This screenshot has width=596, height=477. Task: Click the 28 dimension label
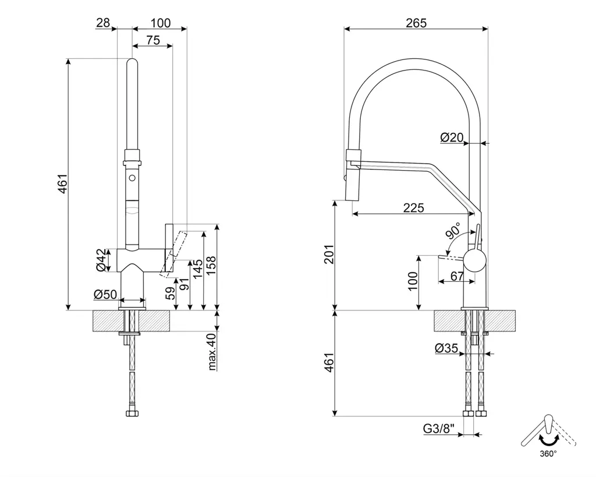(x=103, y=23)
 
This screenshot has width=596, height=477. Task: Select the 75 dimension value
(x=152, y=40)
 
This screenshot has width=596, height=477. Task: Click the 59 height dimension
(x=171, y=293)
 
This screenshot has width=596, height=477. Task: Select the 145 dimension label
(x=198, y=268)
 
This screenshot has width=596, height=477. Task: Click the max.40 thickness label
(x=212, y=352)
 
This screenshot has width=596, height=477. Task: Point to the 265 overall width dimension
(x=416, y=23)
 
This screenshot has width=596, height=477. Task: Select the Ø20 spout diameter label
(x=452, y=137)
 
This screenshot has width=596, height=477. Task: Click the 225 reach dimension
(x=413, y=208)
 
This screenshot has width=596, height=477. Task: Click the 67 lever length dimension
(x=457, y=277)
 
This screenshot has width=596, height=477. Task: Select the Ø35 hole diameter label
(x=446, y=348)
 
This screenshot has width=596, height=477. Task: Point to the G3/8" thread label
(x=439, y=430)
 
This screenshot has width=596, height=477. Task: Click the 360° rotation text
(x=547, y=453)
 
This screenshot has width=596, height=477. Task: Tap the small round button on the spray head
(x=132, y=176)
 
